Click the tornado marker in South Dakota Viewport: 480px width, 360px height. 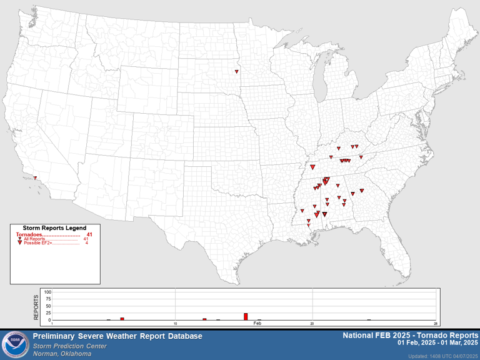pyautogui.click(x=236, y=71)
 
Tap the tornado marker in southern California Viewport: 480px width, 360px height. pyautogui.click(x=35, y=178)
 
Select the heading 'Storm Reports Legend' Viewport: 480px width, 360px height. pyautogui.click(x=54, y=228)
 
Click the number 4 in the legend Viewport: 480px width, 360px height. pyautogui.click(x=86, y=242)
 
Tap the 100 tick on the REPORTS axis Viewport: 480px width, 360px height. pyautogui.click(x=47, y=292)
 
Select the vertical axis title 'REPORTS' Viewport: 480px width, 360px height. pyautogui.click(x=36, y=306)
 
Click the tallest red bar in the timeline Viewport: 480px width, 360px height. pyautogui.click(x=246, y=316)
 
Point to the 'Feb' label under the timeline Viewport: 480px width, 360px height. pyautogui.click(x=257, y=323)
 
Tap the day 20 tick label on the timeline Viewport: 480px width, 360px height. pyautogui.click(x=312, y=323)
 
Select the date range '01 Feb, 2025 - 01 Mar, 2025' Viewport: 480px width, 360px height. pyautogui.click(x=437, y=343)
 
